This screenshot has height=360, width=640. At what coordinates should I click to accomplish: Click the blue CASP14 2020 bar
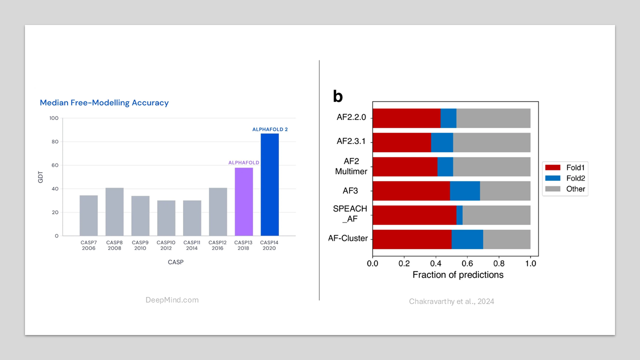point(269,184)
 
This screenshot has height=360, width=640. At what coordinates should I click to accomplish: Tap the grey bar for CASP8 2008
point(114,211)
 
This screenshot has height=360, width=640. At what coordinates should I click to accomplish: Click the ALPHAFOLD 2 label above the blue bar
point(270,129)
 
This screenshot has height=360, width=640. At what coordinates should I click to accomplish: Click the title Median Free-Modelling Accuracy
point(104,102)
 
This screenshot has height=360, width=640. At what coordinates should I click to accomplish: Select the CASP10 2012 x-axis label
point(166,245)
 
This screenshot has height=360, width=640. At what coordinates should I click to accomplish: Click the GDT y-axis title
point(41,177)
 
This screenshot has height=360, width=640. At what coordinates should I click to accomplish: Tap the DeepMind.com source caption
point(172,300)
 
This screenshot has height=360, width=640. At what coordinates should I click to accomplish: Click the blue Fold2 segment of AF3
point(464,191)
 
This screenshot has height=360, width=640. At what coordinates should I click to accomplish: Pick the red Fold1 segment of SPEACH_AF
point(414,215)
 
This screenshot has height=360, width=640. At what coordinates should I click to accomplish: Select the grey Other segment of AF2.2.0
point(493,118)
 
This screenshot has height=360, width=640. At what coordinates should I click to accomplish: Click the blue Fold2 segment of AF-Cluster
point(467,239)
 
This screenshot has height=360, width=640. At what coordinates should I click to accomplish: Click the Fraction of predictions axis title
point(457,275)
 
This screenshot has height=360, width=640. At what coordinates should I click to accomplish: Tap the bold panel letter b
point(338,96)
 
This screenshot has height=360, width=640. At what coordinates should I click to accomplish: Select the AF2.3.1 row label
point(351,142)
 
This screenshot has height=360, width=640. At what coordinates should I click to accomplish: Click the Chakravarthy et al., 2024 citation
point(451,301)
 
